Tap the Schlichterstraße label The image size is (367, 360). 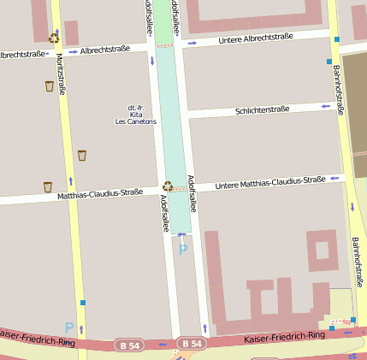262,109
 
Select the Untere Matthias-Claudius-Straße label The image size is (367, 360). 270,181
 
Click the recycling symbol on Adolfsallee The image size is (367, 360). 168,186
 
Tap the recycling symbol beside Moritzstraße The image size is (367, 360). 54,38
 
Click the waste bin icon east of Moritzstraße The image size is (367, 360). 82,155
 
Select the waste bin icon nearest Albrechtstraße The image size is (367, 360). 49,86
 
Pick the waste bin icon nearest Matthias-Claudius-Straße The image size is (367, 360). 47,186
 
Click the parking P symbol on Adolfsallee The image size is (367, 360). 182,250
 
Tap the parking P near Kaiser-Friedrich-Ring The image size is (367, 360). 69,327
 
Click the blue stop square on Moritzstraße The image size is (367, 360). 83,302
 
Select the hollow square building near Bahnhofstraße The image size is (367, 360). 323,250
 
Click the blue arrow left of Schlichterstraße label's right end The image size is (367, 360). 325,106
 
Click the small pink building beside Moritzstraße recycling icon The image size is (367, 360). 71,32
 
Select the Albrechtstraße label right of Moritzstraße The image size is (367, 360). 105,50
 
